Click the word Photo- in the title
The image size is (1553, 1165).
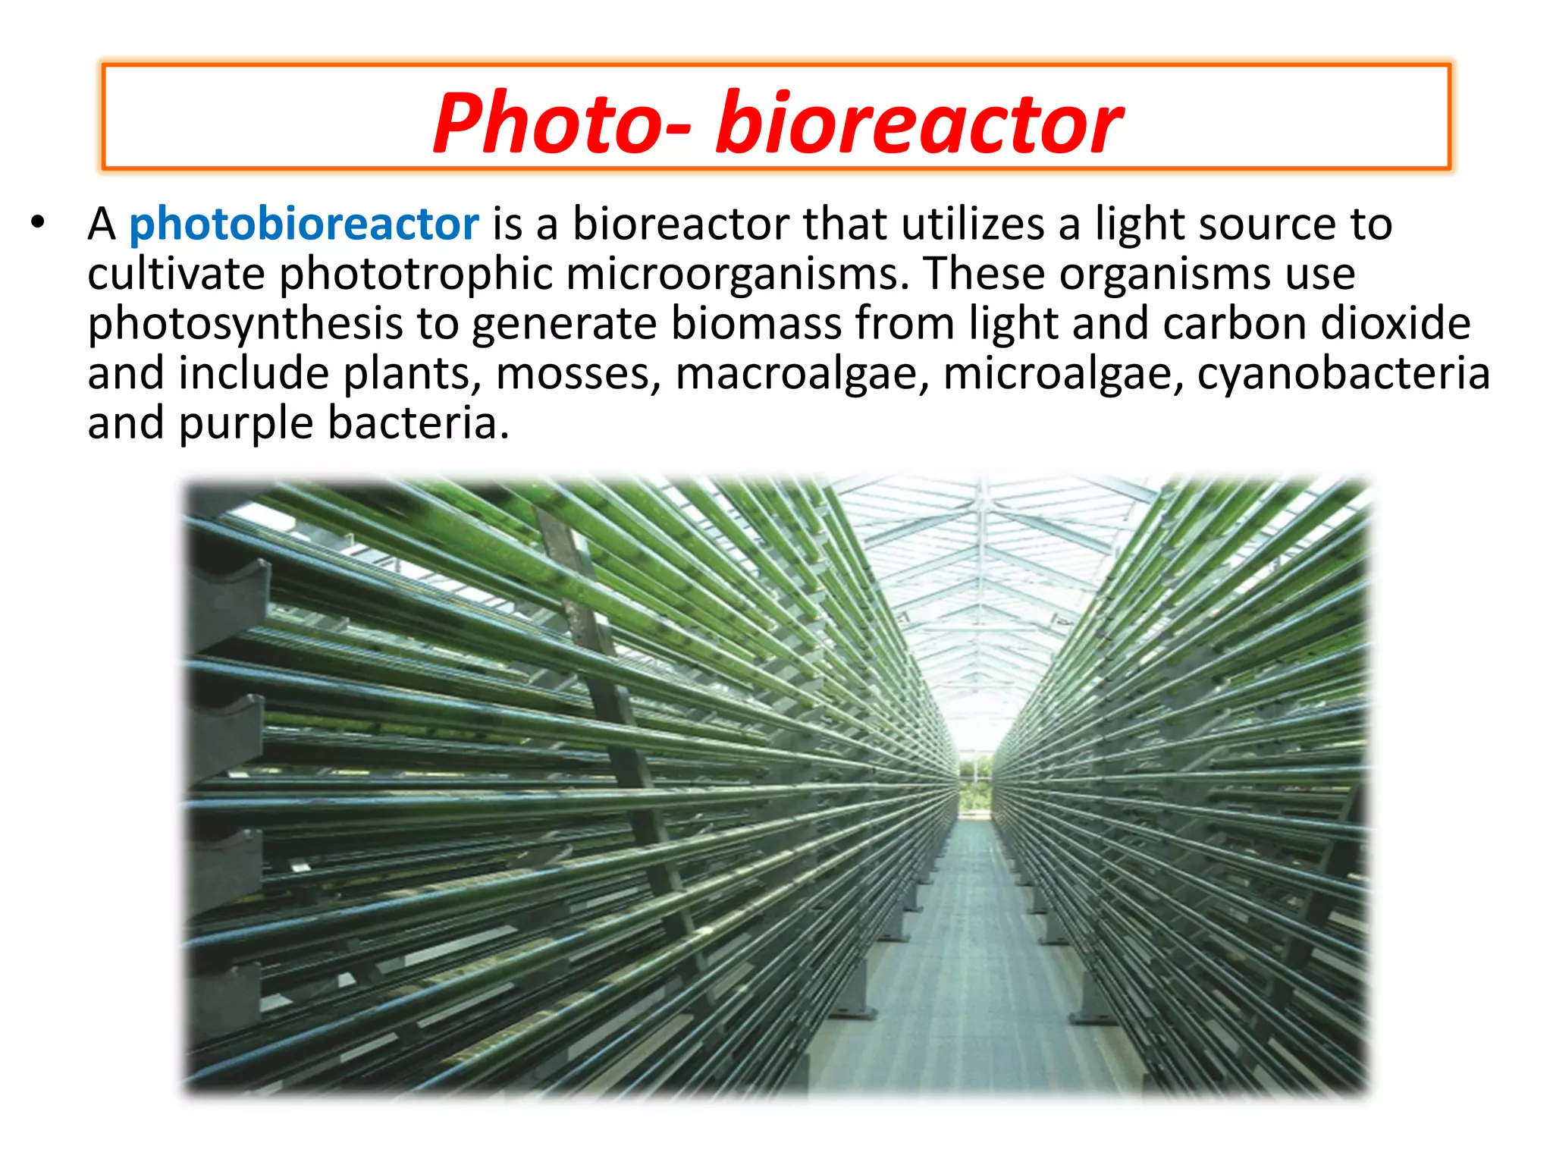pyautogui.click(x=561, y=123)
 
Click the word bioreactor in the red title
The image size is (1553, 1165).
pyautogui.click(x=919, y=123)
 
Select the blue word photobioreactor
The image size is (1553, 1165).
pyautogui.click(x=303, y=225)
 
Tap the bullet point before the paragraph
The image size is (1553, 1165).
pyautogui.click(x=38, y=223)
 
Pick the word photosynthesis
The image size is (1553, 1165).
pyautogui.click(x=245, y=324)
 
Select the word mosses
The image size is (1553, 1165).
pyautogui.click(x=578, y=374)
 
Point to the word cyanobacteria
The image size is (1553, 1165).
pyautogui.click(x=1343, y=374)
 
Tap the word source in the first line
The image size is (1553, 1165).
pyautogui.click(x=1267, y=225)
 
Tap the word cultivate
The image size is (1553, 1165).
pyautogui.click(x=176, y=274)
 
